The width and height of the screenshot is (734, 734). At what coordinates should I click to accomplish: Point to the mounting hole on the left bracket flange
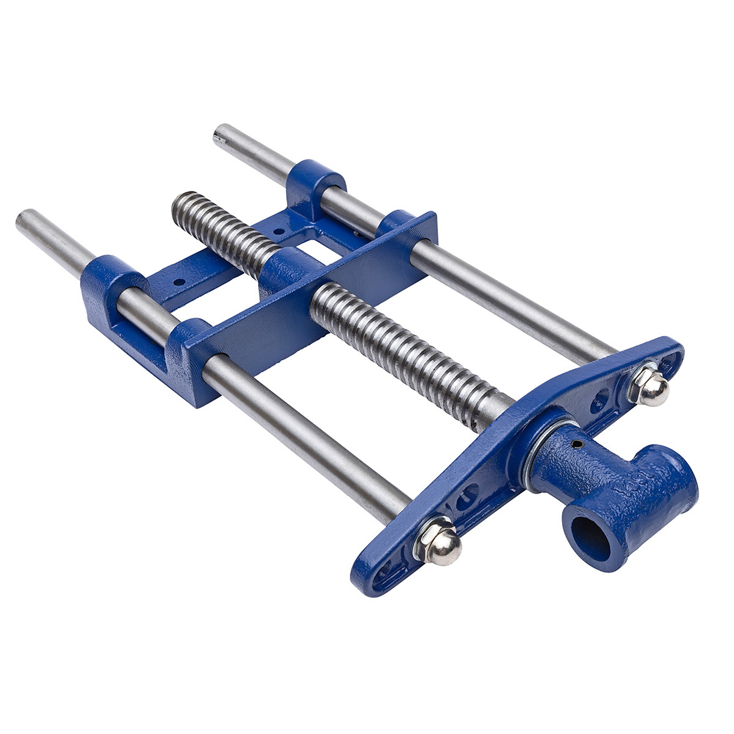point(179,281)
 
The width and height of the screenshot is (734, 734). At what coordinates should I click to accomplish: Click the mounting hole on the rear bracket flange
point(279,230)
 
